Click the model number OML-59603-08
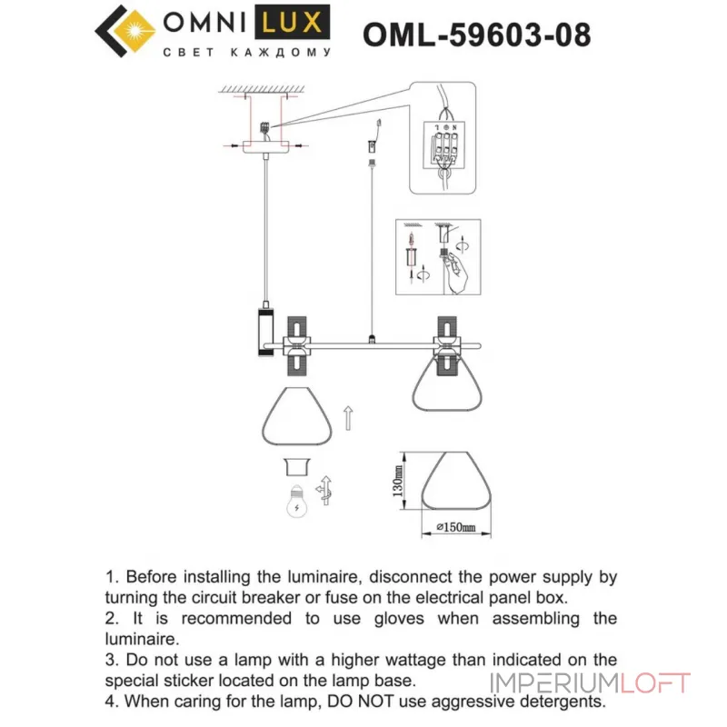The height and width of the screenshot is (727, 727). click(476, 35)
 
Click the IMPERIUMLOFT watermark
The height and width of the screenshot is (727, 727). click(591, 683)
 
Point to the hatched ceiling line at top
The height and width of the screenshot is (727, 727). click(264, 89)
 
